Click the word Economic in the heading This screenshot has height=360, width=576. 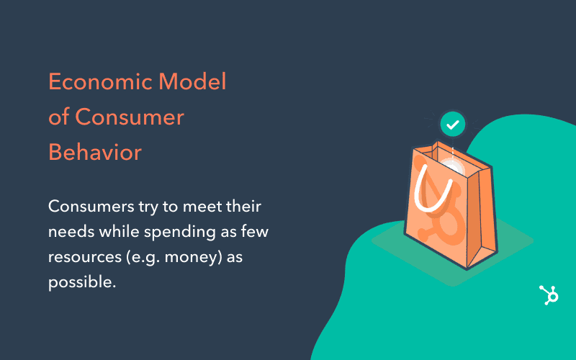pos(100,81)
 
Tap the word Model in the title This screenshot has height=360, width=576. pos(192,81)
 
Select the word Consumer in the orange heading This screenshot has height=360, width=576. pos(130,117)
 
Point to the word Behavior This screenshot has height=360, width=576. pos(95,152)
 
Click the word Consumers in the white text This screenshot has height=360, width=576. pos(91,207)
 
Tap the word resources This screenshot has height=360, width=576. pos(85,258)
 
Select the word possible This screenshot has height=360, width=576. pos(82,282)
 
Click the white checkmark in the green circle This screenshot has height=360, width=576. pos(453,125)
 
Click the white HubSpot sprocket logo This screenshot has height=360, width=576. pos(549,295)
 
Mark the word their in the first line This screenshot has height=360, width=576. pos(243,206)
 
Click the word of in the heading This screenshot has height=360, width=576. pos(59,117)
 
